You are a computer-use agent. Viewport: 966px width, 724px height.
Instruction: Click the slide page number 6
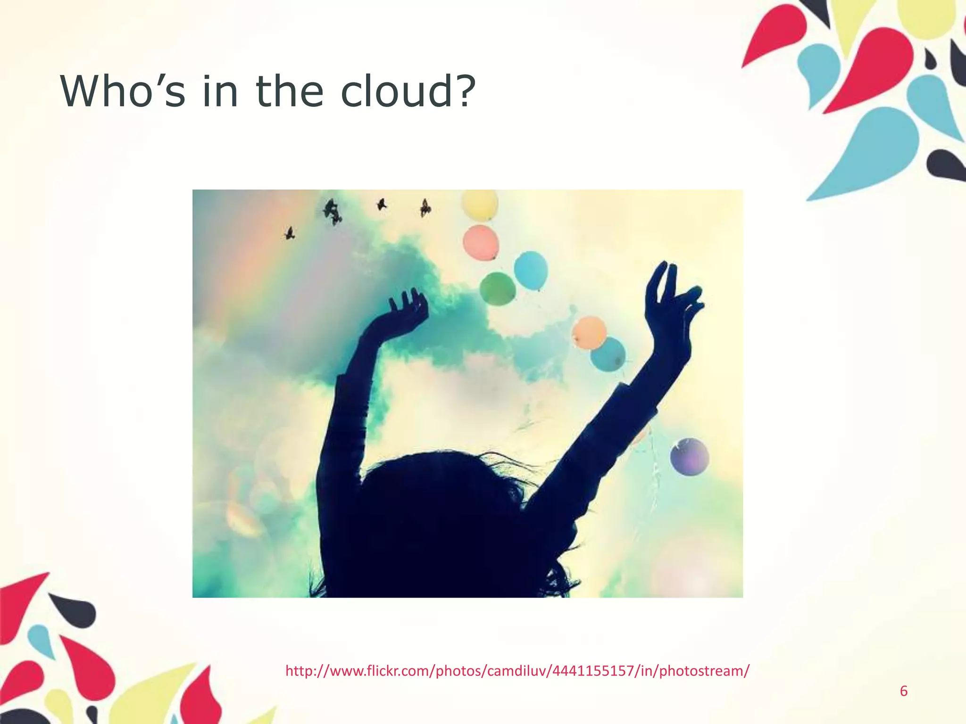coord(904,691)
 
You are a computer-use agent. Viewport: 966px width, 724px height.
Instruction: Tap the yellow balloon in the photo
coord(480,205)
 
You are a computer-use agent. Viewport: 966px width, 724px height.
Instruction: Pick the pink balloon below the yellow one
coord(481,242)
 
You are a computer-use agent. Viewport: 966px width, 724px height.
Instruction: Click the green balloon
coord(497,288)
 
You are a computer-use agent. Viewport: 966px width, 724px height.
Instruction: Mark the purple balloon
coord(689,456)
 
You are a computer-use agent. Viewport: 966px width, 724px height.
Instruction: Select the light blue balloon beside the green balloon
coord(531,270)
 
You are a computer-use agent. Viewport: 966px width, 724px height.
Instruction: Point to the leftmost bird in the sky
coord(289,233)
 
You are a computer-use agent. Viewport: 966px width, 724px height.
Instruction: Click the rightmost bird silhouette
coord(425,207)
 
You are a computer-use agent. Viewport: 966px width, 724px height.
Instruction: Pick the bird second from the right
coord(381,205)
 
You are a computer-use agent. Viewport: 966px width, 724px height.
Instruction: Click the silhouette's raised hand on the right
coord(672,302)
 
